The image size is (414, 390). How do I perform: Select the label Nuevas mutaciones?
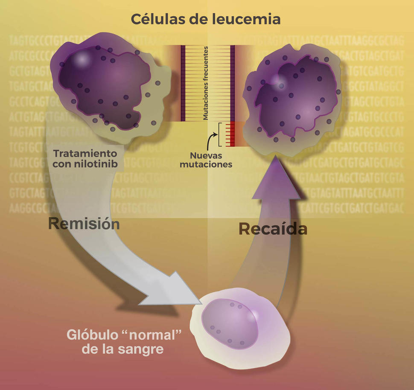click(x=206, y=160)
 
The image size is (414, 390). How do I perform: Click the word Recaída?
click(x=273, y=229)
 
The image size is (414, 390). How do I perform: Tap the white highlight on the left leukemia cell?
click(x=81, y=60)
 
